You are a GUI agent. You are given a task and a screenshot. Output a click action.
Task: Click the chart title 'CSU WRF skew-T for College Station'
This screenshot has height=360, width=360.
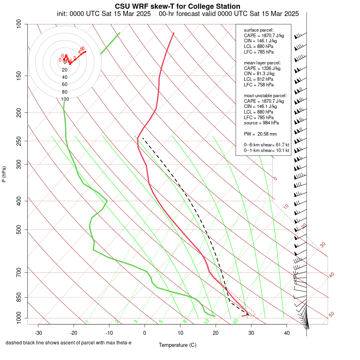point(178,6)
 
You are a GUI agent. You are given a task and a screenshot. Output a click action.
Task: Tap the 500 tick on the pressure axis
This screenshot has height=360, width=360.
point(18,230)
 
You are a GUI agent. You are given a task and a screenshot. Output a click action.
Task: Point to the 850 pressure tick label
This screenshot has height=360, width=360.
point(18,297)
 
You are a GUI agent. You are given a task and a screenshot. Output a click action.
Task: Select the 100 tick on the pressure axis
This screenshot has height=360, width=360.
point(18,24)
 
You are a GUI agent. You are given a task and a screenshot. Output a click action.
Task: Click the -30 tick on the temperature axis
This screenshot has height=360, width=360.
point(38,333)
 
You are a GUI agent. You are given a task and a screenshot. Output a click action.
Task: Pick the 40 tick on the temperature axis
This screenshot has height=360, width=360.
point(287,333)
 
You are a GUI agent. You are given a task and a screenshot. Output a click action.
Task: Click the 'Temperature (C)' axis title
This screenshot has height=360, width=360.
point(178,345)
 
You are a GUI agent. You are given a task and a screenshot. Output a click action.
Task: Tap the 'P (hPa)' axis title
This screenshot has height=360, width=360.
point(4,174)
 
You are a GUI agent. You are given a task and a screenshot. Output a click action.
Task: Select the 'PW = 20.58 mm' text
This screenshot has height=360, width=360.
point(260,134)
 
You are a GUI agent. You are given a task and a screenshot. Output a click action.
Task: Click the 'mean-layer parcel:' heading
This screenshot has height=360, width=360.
point(262,63)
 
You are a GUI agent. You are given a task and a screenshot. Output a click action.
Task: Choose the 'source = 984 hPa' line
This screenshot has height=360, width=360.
point(262,123)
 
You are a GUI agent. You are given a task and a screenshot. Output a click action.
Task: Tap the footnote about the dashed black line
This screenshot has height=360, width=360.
point(68,343)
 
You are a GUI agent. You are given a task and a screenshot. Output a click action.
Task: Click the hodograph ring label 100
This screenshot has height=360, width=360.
point(65,99)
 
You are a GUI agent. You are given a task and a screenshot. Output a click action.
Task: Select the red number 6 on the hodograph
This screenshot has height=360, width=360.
point(83,48)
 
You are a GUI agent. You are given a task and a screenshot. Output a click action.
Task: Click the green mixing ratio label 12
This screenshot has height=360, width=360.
point(207,321)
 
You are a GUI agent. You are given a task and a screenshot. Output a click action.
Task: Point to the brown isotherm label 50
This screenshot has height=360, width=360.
point(331,314)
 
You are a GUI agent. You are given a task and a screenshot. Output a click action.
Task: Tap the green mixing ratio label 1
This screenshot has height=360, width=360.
point(87,321)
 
